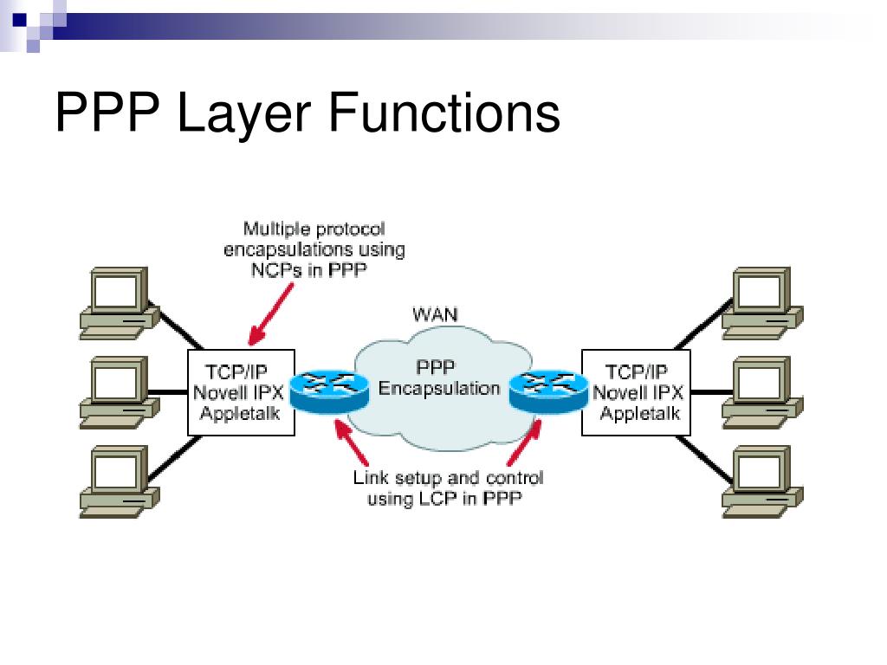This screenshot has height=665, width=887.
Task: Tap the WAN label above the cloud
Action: (x=435, y=313)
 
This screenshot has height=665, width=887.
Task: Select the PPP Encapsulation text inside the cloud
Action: (x=439, y=378)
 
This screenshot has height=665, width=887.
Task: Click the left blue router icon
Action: (x=324, y=391)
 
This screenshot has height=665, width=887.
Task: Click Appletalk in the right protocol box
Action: (x=639, y=413)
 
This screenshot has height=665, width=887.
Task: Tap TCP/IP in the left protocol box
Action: (x=236, y=371)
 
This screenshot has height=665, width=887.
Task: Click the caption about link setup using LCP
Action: (x=447, y=488)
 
